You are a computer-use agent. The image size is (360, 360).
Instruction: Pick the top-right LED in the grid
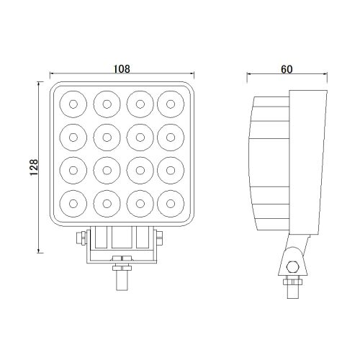[x=170, y=104]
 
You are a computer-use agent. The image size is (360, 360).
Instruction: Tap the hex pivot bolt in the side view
[x=292, y=269]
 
